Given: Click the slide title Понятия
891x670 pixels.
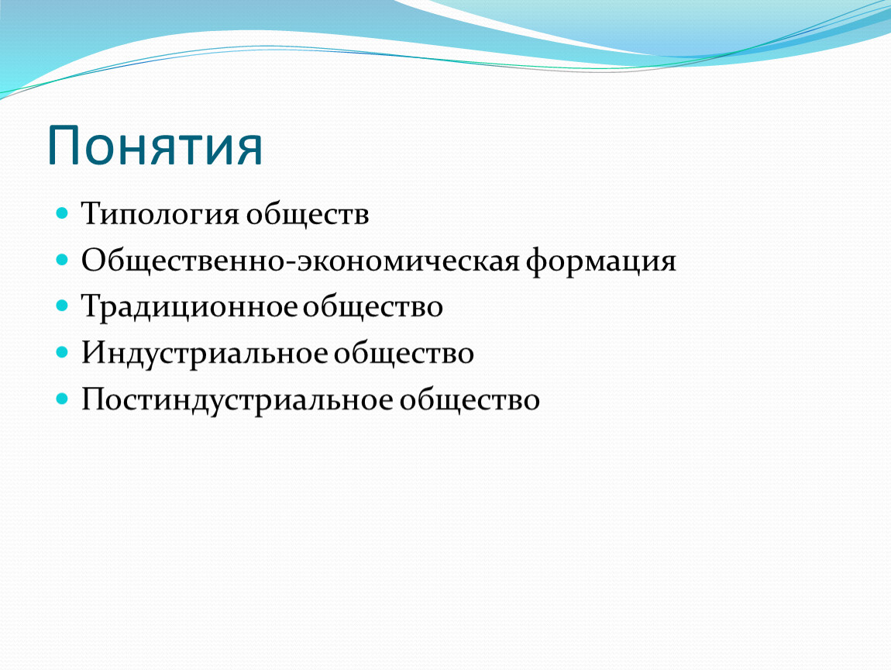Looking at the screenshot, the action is [x=154, y=146].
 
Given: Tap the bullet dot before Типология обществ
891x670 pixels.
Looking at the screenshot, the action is [x=63, y=213].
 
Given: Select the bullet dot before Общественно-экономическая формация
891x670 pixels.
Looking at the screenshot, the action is [x=63, y=260].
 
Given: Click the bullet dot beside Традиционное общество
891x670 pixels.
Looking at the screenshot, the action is [x=63, y=306].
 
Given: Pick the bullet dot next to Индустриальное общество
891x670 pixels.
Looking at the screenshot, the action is [x=63, y=353].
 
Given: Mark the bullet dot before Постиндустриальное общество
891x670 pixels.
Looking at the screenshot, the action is [x=63, y=399].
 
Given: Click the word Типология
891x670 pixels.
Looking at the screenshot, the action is [x=160, y=215].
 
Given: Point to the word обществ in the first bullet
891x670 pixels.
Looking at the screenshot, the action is [x=308, y=215].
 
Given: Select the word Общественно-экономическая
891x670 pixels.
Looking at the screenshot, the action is [x=301, y=261].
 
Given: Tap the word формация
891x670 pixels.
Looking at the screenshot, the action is [x=600, y=262].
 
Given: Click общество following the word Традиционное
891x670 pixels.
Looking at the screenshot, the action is [x=372, y=307].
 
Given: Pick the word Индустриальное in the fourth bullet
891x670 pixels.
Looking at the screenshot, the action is [x=205, y=354].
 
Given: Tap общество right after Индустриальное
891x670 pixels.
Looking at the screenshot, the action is [x=404, y=354].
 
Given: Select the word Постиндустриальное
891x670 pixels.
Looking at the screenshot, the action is [x=238, y=400].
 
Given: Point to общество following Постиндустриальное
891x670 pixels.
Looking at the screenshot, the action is [x=470, y=400].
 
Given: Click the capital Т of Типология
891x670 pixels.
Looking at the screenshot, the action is [x=93, y=213].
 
